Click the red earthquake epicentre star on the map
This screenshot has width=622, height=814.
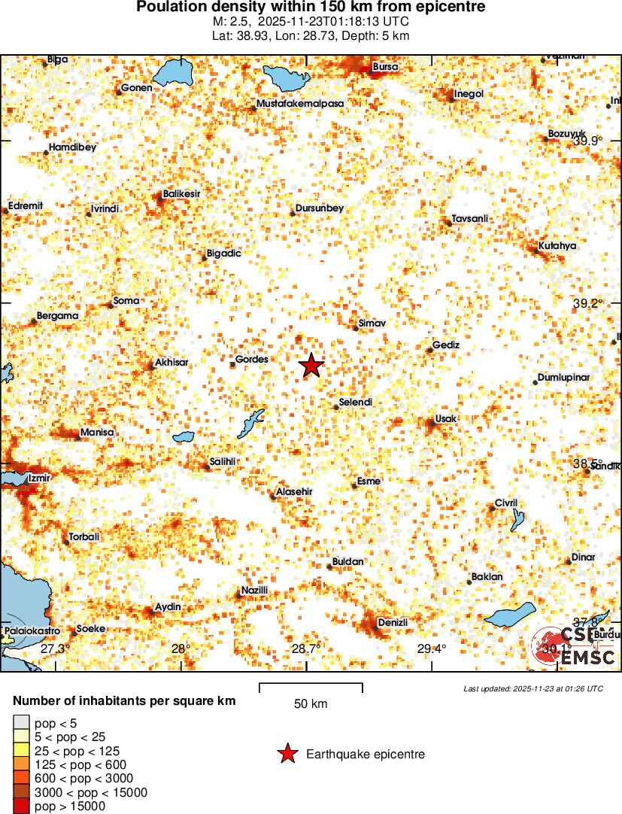click(311, 366)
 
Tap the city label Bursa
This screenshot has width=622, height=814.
click(385, 67)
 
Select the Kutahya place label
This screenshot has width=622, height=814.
click(557, 246)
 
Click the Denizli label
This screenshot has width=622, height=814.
click(393, 622)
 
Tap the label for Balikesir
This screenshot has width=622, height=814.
click(182, 194)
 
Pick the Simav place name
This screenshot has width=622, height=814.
click(372, 323)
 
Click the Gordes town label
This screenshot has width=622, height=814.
click(252, 360)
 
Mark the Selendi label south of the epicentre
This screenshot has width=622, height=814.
click(356, 402)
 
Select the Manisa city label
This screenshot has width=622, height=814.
click(97, 433)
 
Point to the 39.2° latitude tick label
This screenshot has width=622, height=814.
click(588, 303)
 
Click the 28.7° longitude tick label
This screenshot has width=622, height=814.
click(306, 648)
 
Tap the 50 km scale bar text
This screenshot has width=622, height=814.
click(311, 704)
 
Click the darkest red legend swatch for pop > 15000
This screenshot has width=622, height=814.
click(21, 806)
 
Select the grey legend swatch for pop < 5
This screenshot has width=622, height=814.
click(21, 724)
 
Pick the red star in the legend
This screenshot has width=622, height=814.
click(287, 754)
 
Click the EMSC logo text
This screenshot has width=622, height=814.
click(587, 658)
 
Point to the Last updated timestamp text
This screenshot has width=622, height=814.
click(532, 688)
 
